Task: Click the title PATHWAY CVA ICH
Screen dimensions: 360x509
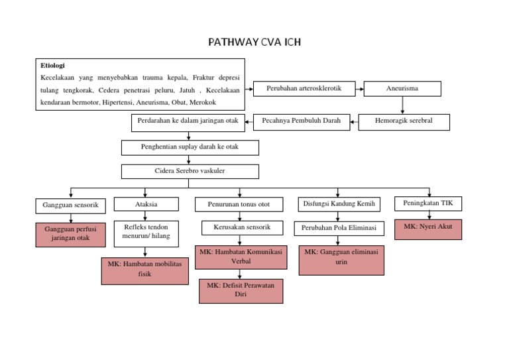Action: [x=254, y=44]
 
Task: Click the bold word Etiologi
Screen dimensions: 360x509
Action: [x=53, y=66]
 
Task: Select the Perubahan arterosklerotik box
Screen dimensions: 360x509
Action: [x=304, y=88]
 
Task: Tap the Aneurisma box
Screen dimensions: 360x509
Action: [x=402, y=88]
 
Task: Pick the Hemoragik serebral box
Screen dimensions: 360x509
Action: [x=404, y=121]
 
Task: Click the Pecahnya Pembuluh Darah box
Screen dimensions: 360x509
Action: [x=301, y=121]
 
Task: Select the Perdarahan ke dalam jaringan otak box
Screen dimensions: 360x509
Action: [x=188, y=121]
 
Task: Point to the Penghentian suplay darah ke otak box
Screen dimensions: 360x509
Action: [x=190, y=147]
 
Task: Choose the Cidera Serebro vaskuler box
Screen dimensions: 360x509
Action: [x=190, y=171]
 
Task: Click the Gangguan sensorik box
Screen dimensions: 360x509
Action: [x=70, y=206]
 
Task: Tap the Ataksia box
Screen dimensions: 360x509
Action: [x=146, y=204]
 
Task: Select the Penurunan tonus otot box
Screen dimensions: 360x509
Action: [x=239, y=204]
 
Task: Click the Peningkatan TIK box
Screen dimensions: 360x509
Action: [x=428, y=203]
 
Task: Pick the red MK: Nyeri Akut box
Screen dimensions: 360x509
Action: [x=428, y=229]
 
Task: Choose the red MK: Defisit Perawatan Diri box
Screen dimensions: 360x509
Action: [x=241, y=290]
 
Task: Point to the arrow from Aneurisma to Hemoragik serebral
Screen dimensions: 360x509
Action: [x=402, y=105]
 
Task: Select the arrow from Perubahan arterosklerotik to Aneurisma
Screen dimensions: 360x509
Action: [x=359, y=88]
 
